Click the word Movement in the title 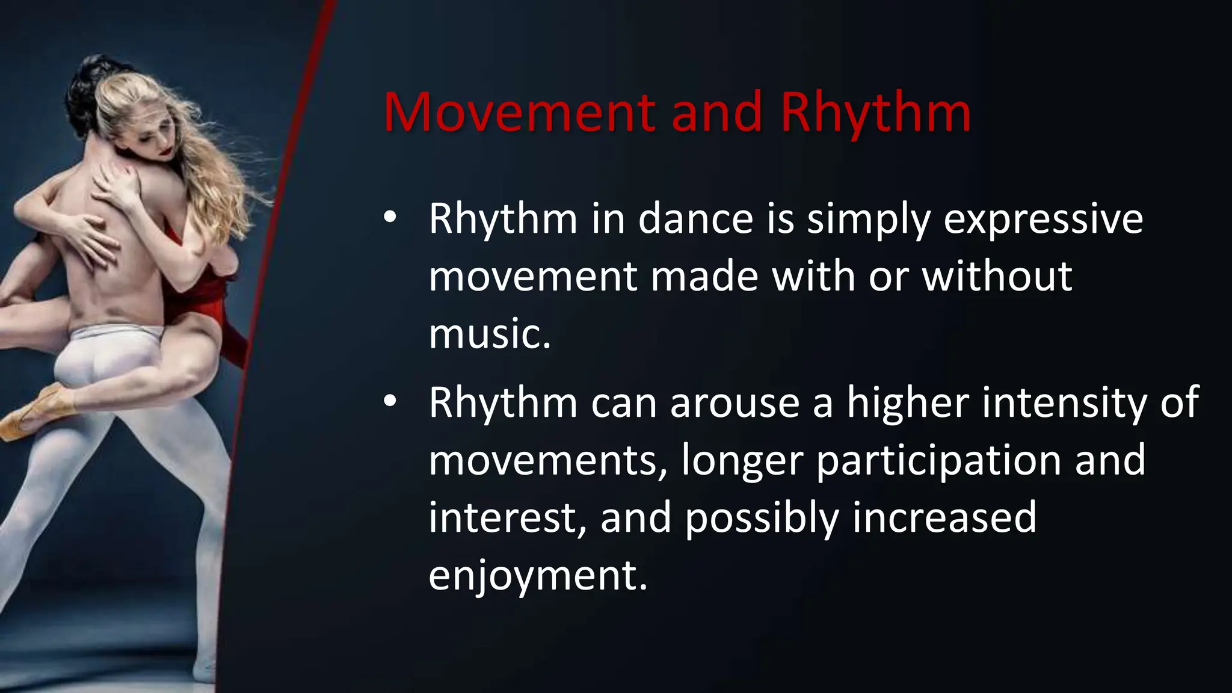pyautogui.click(x=519, y=112)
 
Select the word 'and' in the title pyautogui.click(x=716, y=112)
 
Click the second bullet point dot pyautogui.click(x=390, y=401)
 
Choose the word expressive pyautogui.click(x=1043, y=220)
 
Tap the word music pyautogui.click(x=489, y=334)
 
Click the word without pyautogui.click(x=997, y=276)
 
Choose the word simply pyautogui.click(x=869, y=220)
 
